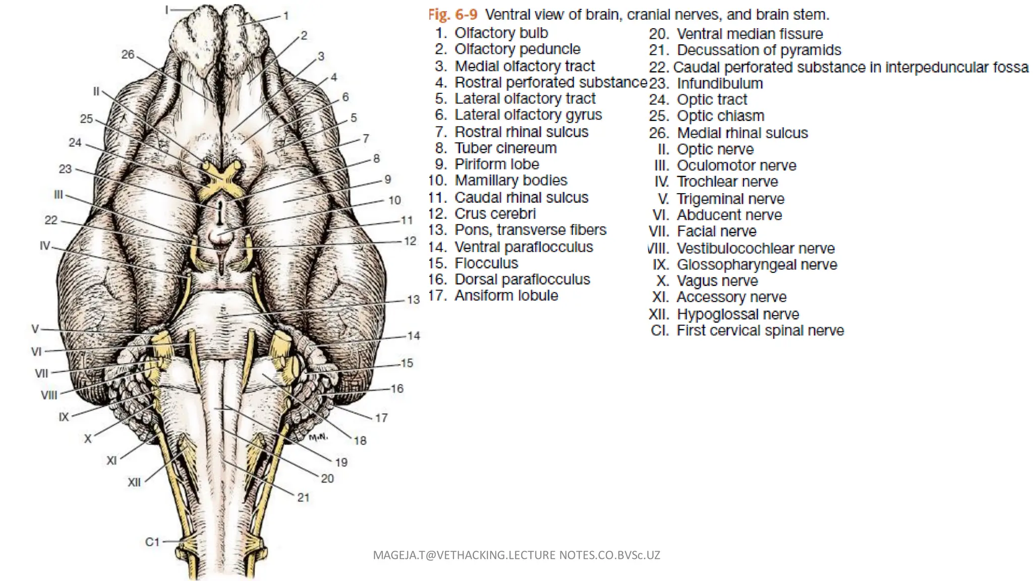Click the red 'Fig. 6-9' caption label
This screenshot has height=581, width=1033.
tap(452, 15)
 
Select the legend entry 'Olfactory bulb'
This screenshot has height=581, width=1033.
tap(501, 33)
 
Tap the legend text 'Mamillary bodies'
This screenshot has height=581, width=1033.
tap(510, 180)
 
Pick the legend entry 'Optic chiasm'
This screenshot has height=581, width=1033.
tap(720, 115)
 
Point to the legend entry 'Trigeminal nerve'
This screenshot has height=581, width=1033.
tap(730, 199)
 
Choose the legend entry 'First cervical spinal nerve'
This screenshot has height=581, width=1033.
tap(760, 330)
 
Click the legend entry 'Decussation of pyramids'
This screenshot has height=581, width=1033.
tap(759, 50)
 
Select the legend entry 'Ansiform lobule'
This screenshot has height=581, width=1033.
tap(506, 296)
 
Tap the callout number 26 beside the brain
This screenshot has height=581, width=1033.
tap(128, 54)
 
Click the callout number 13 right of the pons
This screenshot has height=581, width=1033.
tap(414, 300)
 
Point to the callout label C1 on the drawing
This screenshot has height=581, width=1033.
tap(152, 542)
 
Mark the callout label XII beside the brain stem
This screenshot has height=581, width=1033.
tap(134, 482)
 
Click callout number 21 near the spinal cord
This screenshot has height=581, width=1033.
tap(303, 497)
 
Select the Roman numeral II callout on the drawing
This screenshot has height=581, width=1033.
tap(96, 92)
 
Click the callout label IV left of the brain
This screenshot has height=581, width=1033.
tap(45, 246)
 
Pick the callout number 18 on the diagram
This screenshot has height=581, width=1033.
tap(360, 441)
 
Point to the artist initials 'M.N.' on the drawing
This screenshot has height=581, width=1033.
tap(318, 437)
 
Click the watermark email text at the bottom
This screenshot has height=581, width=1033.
tap(516, 555)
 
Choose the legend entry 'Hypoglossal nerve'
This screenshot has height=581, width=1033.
tap(737, 314)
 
